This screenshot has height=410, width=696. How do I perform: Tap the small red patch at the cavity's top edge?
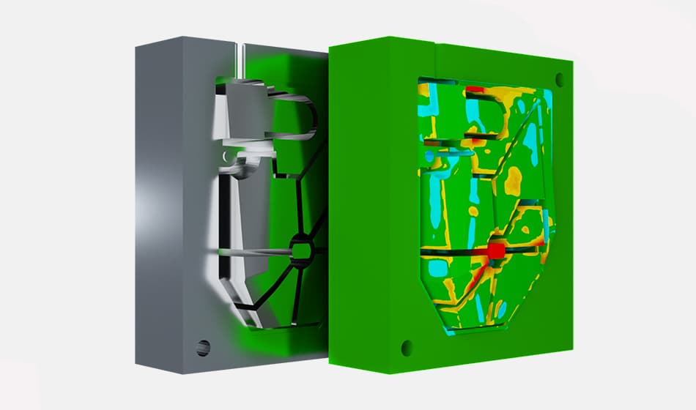click(475, 89)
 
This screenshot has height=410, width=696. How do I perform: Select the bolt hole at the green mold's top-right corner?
click(560, 77)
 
